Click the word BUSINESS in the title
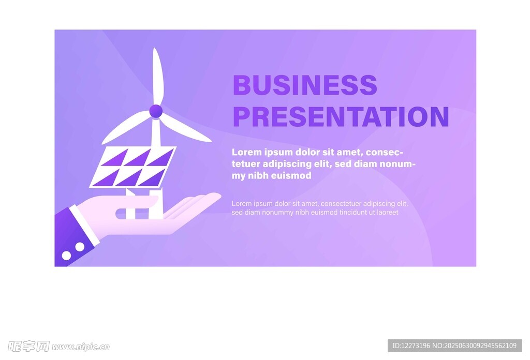click(x=305, y=85)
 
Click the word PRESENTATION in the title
click(x=341, y=116)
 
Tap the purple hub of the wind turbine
click(x=156, y=111)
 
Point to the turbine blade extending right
click(x=185, y=129)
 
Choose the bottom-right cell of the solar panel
click(x=152, y=178)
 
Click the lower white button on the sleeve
click(x=66, y=256)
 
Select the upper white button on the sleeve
click(x=80, y=247)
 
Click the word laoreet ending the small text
click(x=388, y=213)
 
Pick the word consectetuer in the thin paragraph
click(x=341, y=204)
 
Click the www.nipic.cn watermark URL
click(x=81, y=347)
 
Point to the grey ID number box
click(x=454, y=346)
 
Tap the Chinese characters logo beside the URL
click(x=29, y=347)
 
